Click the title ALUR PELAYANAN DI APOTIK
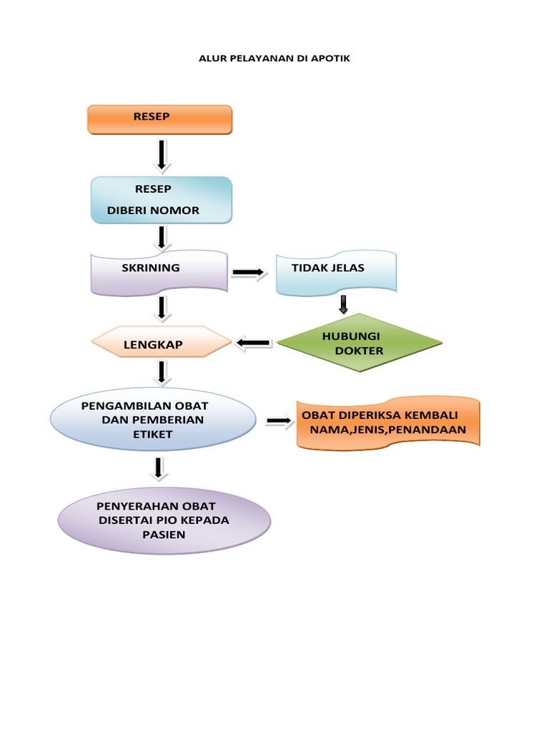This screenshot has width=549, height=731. (274, 59)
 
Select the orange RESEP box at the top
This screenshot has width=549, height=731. (160, 119)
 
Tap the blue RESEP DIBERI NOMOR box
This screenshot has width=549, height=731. (162, 200)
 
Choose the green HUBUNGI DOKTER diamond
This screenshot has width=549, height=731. (360, 343)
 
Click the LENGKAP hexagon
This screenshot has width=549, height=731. (162, 345)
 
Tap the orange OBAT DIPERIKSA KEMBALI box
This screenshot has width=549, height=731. (388, 423)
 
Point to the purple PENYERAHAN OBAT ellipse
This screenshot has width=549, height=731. (164, 520)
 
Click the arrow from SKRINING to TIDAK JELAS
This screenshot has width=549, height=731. (249, 273)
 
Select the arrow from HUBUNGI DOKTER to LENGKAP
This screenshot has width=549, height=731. (253, 344)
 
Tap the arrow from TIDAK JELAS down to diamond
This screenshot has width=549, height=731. (344, 303)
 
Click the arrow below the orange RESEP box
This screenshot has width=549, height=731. (162, 154)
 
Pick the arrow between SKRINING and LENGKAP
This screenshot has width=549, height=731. (162, 308)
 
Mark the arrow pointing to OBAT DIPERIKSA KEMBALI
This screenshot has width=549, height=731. (280, 422)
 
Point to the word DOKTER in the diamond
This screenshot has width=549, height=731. (360, 351)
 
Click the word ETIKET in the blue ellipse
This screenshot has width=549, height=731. (152, 433)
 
